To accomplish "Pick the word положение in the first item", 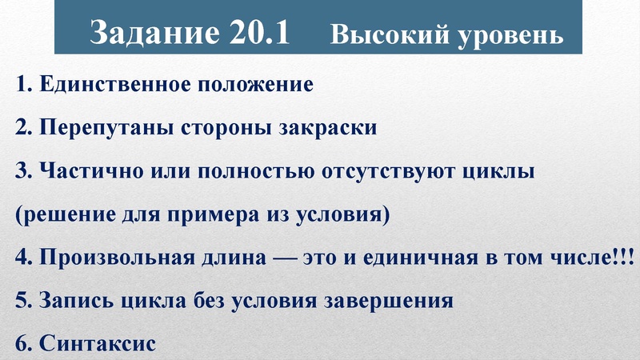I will pyautogui.click(x=262, y=85).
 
